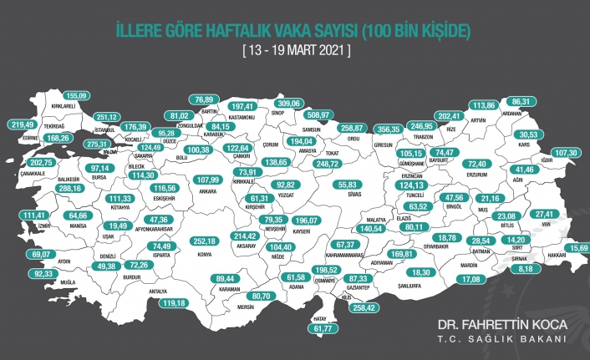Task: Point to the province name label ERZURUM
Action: click(481, 176)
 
